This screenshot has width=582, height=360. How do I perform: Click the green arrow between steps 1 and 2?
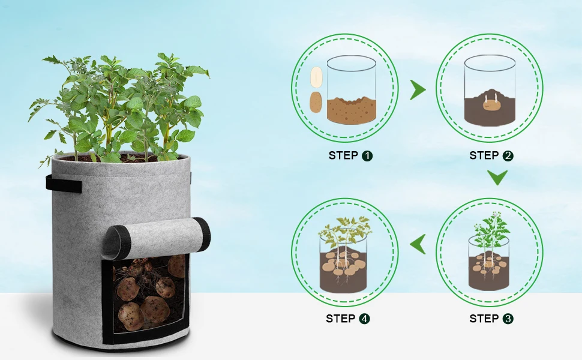pos(418,91)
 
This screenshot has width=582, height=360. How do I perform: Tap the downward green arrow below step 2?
pos(497,177)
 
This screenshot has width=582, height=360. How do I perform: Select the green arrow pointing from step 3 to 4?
pos(418,244)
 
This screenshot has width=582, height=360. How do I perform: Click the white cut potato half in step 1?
pos(316,78)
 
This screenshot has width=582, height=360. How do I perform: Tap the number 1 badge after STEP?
pos(367,156)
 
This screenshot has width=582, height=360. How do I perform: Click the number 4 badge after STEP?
pos(364,319)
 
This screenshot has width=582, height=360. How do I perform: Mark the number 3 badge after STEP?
pos(508,319)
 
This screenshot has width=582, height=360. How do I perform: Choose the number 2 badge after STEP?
pos(508,156)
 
